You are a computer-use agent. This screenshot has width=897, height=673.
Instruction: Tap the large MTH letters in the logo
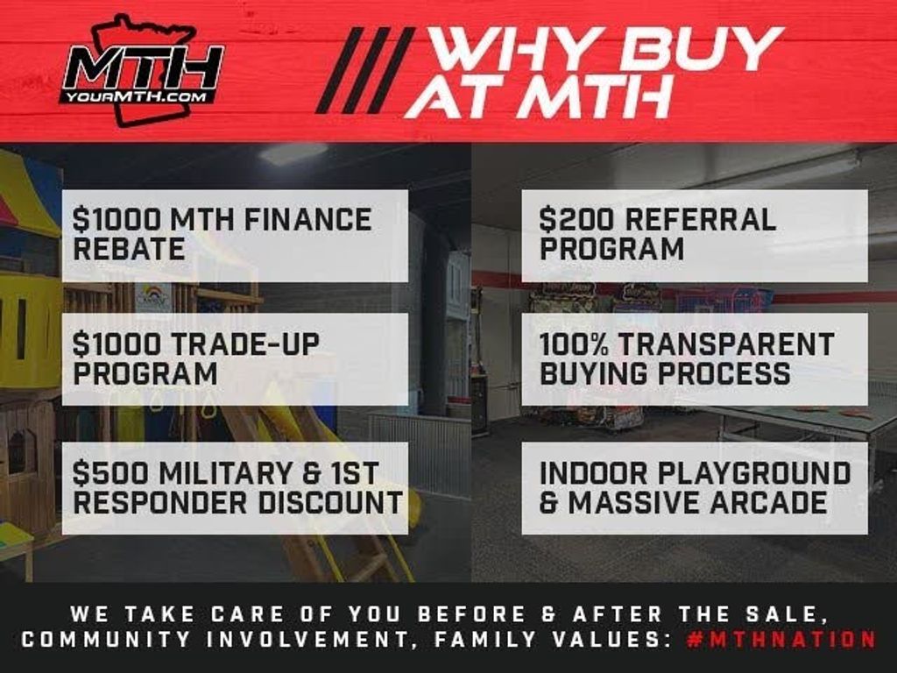143,67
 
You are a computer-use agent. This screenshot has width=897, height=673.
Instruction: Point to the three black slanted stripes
365,70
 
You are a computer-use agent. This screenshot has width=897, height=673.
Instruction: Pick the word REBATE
129,250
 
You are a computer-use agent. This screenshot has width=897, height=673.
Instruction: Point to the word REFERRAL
700,220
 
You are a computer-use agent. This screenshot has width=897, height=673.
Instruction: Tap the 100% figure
575,344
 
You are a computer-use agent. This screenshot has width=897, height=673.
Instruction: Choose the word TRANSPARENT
726,344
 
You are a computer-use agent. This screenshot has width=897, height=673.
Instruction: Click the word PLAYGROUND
754,472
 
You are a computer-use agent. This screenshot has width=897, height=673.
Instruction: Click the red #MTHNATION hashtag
781,639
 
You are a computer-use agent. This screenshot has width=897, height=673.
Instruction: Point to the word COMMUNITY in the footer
106,639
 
